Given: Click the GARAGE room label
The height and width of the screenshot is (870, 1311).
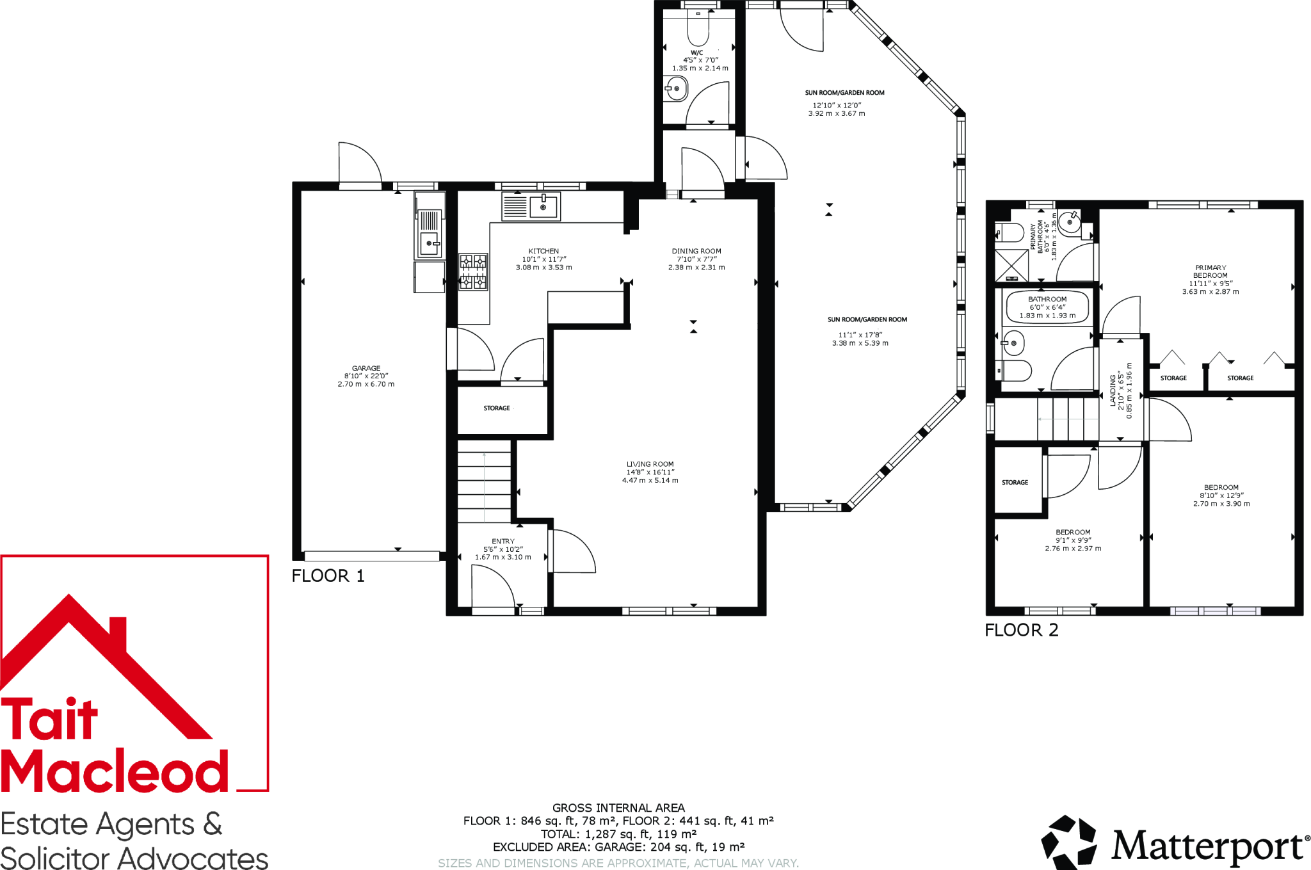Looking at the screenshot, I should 366,368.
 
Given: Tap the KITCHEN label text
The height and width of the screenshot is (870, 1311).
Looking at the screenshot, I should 543,251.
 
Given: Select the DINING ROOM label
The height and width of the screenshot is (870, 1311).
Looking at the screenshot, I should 696,251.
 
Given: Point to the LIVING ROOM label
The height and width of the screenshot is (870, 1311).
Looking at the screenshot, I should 650,464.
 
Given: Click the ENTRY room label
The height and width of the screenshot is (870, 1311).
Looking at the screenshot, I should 503,541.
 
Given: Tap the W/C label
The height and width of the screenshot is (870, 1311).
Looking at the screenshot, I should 697,53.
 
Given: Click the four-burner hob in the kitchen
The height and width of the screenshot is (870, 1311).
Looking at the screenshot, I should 473,271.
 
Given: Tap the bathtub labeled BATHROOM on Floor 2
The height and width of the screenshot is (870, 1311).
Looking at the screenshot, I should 1047,307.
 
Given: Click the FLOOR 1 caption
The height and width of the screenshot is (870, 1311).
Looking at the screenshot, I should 328,576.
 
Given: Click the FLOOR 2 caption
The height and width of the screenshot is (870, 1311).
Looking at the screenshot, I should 1021,630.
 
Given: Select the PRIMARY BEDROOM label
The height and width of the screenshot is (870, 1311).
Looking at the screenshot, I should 1210,271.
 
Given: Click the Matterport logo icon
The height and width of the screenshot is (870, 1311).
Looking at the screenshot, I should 1068,842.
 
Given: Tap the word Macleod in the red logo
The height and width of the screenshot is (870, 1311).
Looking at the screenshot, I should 115,771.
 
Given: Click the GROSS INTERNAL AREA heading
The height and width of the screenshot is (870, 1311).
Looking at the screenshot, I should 618,808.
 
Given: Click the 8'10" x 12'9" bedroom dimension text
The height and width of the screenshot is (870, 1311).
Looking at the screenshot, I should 1221,495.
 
